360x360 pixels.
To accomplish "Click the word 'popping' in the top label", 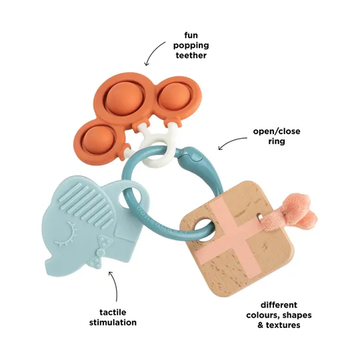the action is coord(191,45).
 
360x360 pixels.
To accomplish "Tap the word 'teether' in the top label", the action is coord(191,55).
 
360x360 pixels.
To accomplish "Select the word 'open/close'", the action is coord(277,131).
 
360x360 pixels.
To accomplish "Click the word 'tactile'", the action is coord(113,312).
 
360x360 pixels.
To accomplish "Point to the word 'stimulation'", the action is coord(113,323).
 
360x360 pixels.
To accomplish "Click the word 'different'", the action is coord(279,305).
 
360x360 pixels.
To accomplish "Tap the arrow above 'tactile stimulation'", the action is coord(115,285).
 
